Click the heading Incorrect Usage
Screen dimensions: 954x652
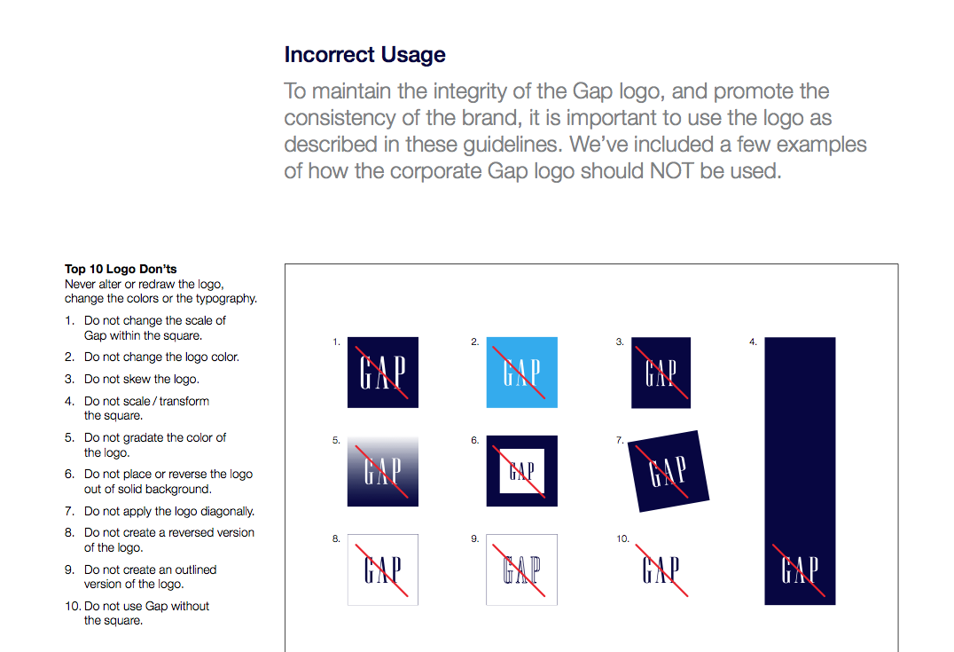click(365, 55)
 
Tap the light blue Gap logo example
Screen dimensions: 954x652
click(522, 372)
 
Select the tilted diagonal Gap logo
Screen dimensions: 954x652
click(668, 471)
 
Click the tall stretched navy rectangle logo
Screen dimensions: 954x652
click(800, 470)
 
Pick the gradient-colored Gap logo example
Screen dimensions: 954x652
click(383, 471)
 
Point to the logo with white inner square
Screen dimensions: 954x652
click(522, 471)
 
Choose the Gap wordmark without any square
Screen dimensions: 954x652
click(661, 570)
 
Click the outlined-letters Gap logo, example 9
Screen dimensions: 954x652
click(522, 570)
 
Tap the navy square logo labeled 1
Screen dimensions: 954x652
click(383, 372)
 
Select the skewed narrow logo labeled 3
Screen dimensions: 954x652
click(661, 372)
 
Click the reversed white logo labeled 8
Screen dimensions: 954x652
click(383, 570)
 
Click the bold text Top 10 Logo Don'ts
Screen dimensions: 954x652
click(121, 269)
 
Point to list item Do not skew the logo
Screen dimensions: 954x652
click(142, 380)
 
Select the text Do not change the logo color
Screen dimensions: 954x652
click(162, 357)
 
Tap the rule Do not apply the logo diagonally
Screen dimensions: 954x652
click(169, 511)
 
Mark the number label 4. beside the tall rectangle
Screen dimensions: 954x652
click(754, 342)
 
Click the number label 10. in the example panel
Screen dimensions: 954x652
click(622, 538)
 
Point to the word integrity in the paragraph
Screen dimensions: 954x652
click(465, 91)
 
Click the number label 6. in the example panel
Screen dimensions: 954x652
click(474, 440)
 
